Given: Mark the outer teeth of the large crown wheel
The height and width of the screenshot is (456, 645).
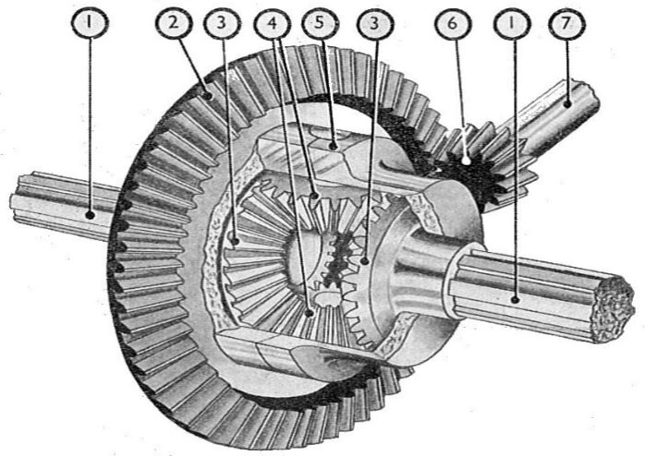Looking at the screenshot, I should pyautogui.click(x=139, y=305).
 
